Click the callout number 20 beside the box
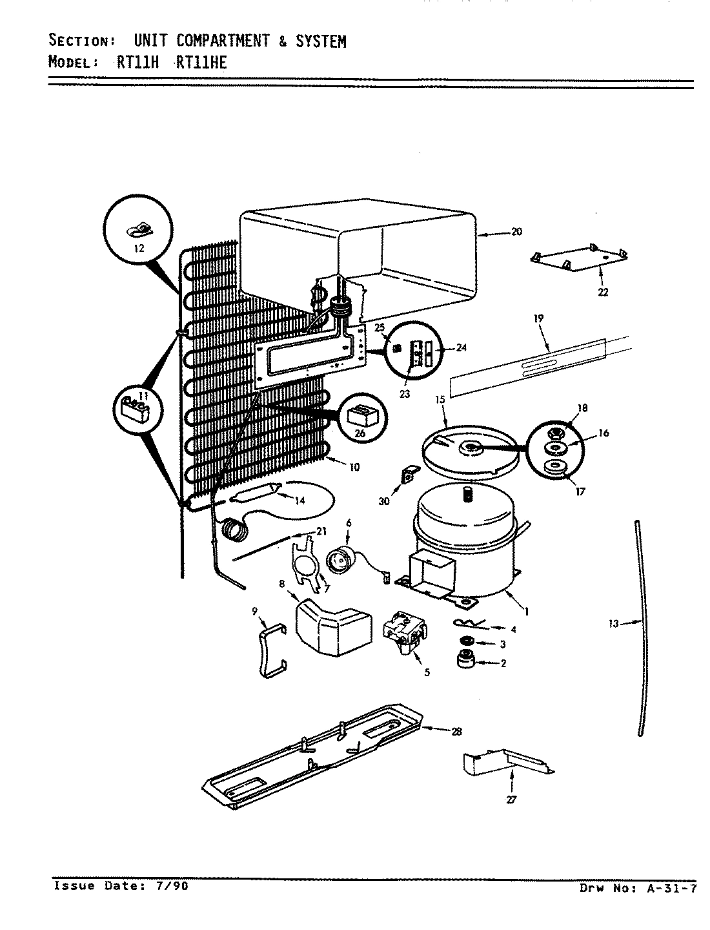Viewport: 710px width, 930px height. click(516, 232)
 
